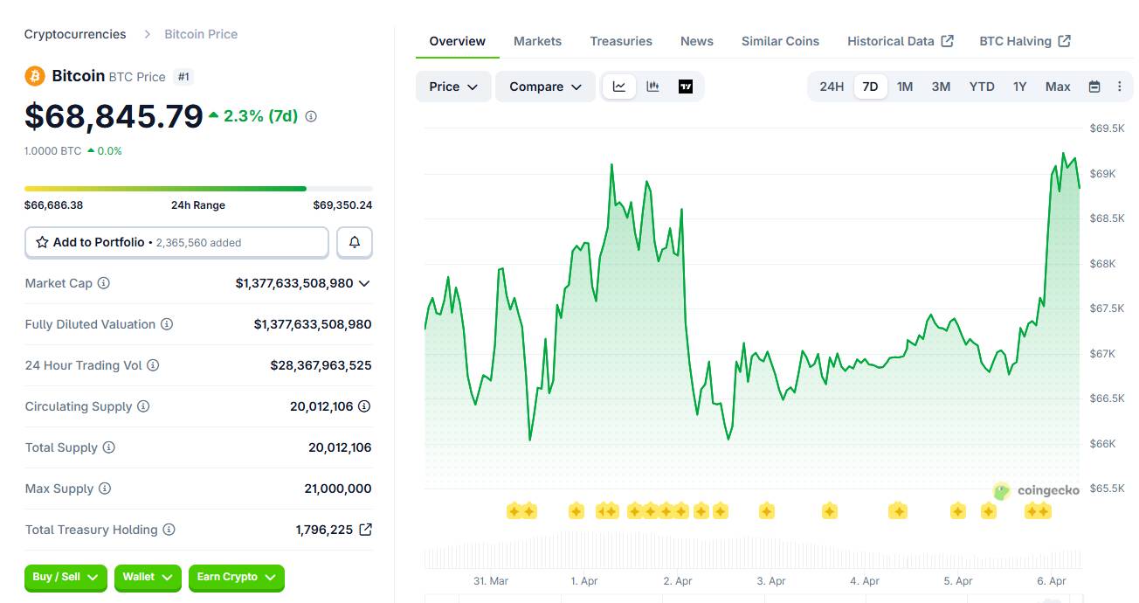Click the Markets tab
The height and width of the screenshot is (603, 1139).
[537, 41]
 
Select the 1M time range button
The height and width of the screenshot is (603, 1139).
[905, 87]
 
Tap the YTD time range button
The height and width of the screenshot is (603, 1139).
[982, 87]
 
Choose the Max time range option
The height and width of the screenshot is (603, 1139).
[1058, 87]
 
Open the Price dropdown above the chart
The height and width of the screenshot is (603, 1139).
[453, 87]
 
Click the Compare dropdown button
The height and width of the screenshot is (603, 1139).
[545, 87]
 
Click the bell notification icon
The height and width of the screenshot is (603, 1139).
[355, 242]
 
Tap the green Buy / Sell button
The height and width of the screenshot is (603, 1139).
[66, 577]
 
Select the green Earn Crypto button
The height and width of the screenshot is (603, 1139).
[236, 577]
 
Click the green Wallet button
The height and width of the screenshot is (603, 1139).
[148, 577]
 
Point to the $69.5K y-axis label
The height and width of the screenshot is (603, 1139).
[1107, 128]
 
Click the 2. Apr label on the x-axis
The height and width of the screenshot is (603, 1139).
[678, 581]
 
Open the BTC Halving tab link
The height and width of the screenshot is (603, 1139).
[1025, 41]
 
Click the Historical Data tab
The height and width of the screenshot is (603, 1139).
[900, 41]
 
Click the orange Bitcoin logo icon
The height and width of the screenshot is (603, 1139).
[35, 76]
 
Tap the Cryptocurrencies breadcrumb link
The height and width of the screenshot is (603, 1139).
[75, 34]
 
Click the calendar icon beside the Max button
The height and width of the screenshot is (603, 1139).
[1094, 87]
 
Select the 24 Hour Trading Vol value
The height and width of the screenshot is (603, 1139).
[321, 365]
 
